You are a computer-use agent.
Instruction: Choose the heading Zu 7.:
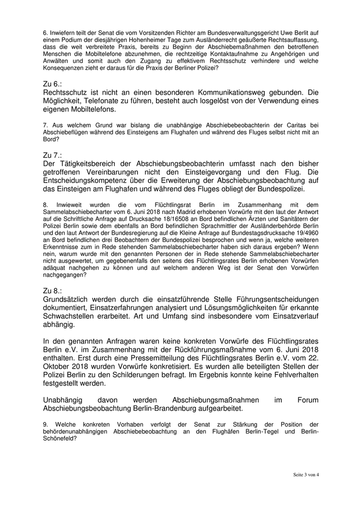[53, 155]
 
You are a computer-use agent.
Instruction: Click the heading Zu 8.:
[53, 292]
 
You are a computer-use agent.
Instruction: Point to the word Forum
[308, 400]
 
